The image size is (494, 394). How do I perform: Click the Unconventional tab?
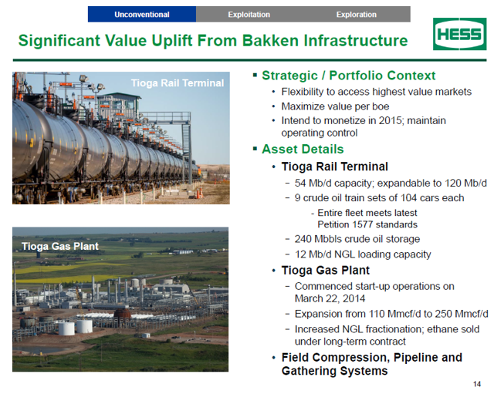(142, 15)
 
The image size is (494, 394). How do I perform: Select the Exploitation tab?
(249, 15)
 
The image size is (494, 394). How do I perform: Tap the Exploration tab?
(357, 15)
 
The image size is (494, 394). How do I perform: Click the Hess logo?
(460, 34)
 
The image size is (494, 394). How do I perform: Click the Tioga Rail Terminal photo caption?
(178, 83)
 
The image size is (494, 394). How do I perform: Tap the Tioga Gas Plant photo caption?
(60, 246)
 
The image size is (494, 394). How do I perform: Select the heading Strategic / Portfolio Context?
(349, 76)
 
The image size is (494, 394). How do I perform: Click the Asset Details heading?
(303, 149)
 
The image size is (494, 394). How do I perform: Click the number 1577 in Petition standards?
(363, 224)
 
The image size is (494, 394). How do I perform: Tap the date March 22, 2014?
(330, 298)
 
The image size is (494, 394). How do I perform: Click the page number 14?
(477, 384)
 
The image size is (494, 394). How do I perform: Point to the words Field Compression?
(333, 358)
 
